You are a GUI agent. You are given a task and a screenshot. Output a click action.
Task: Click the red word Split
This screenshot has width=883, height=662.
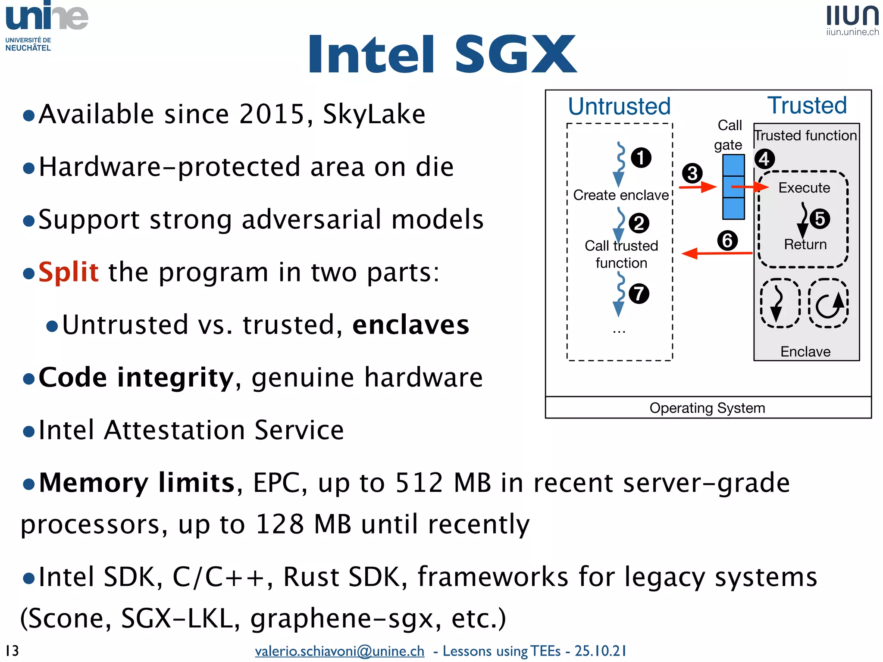tap(69, 272)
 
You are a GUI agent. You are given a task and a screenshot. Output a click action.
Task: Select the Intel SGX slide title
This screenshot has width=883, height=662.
tap(442, 54)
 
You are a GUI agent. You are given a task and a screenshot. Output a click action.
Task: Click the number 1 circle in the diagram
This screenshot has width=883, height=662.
tap(641, 158)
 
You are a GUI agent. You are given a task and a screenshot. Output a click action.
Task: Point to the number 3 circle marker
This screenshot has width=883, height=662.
tap(692, 173)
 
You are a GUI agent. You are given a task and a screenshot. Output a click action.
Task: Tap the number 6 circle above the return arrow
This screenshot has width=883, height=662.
tap(727, 240)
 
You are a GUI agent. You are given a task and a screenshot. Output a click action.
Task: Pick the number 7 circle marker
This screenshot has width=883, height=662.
tap(639, 294)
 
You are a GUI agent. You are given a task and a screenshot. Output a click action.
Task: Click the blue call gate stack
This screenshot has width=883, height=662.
tap(733, 187)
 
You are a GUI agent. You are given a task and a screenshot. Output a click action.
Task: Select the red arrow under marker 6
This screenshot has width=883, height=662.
tap(717, 253)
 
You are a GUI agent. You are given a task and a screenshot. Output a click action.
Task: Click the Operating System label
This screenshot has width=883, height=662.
tap(707, 408)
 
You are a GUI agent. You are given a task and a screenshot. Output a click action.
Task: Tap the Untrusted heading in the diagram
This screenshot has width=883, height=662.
tap(619, 106)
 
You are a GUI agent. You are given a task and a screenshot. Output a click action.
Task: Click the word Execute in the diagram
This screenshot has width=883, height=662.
tap(804, 188)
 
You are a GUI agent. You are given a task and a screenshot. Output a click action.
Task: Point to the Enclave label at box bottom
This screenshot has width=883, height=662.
tap(805, 352)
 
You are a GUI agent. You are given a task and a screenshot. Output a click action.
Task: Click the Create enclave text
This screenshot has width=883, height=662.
tap(621, 195)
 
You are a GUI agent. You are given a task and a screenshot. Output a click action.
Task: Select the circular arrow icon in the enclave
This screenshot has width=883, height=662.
tap(828, 303)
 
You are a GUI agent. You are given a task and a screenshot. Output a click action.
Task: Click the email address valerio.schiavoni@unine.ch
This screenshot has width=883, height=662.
tap(339, 651)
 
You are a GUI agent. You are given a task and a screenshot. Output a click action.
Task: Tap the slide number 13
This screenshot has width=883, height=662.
tap(12, 650)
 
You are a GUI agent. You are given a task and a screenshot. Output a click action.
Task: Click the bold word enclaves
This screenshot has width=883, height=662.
tap(410, 325)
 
